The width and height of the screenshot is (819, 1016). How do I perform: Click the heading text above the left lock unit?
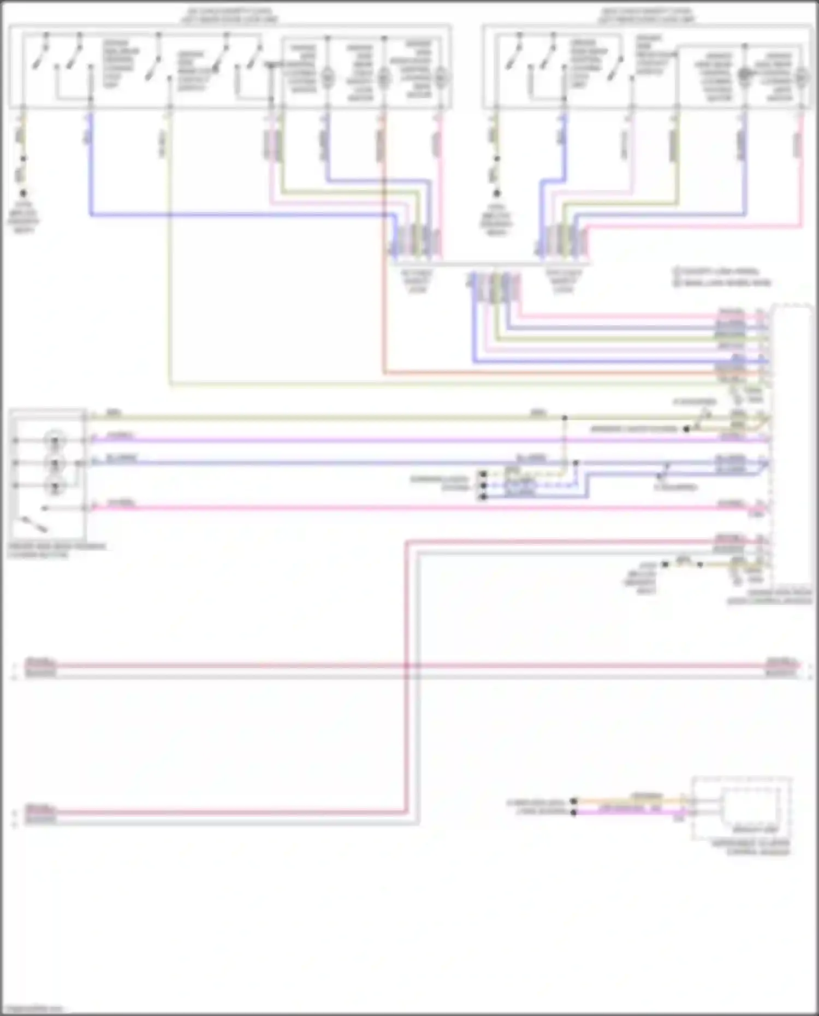(229, 15)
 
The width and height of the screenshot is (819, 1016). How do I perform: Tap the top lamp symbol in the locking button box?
(55, 439)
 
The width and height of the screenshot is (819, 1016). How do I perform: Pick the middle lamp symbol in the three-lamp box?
(55, 463)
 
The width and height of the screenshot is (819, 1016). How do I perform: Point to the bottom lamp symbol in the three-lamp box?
(55, 486)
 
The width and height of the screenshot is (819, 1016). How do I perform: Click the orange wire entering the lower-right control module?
(628, 801)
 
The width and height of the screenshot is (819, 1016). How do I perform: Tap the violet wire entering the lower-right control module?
(628, 812)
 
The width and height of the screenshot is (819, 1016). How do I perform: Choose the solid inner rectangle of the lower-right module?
(756, 808)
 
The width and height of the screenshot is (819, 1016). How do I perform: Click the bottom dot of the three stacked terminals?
(483, 497)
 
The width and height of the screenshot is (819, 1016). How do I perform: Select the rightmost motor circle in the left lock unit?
(441, 78)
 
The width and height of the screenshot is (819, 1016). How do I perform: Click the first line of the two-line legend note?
(715, 271)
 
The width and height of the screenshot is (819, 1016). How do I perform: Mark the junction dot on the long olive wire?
(565, 418)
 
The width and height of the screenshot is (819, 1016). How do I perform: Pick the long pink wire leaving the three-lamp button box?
(382, 508)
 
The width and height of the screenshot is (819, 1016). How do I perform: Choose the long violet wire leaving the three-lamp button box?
(382, 439)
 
